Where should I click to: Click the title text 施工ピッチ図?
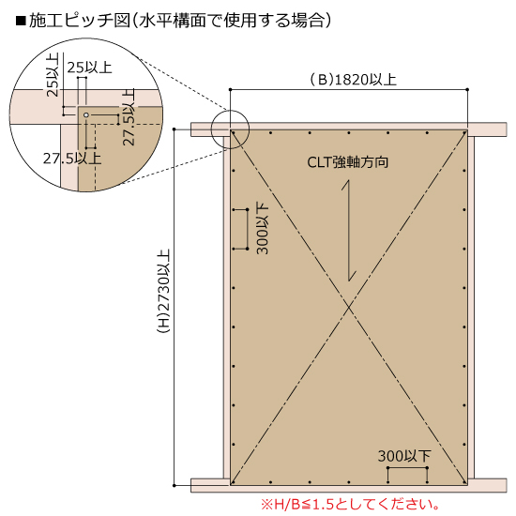point(80,21)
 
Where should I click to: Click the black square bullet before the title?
point(21,21)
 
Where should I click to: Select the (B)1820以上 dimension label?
point(353,80)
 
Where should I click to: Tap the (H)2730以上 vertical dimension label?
point(163,291)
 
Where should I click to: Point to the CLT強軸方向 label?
point(348,162)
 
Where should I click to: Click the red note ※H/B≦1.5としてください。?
point(350,504)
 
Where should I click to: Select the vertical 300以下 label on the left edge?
point(263,229)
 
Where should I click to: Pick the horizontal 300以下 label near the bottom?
point(404,456)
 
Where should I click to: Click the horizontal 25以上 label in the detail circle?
point(89,68)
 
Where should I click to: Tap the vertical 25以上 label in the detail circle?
point(53,75)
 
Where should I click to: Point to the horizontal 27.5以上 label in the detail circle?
point(72,159)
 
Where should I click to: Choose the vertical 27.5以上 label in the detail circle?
point(129,117)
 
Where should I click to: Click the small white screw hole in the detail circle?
point(86,114)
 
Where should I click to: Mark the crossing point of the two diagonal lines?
point(349,308)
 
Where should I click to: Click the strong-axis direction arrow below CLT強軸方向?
point(349,231)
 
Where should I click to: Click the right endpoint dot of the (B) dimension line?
point(467,89)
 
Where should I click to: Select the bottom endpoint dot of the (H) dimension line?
point(175,485)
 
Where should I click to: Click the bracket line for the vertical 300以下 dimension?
point(247,229)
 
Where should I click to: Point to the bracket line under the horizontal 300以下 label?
point(407,467)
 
